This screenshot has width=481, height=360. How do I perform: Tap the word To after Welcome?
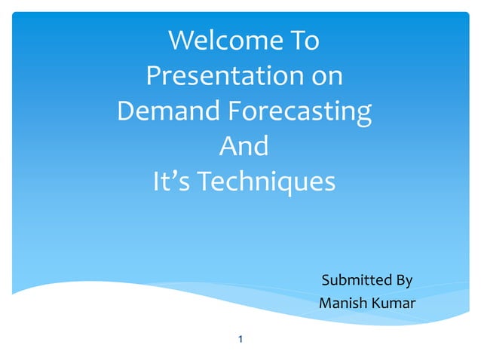[304, 41]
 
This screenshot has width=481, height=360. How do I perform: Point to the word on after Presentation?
[323, 76]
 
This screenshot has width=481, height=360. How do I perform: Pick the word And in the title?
[244, 146]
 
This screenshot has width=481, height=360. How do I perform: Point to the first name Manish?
[344, 304]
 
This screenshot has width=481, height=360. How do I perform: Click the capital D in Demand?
[127, 111]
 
